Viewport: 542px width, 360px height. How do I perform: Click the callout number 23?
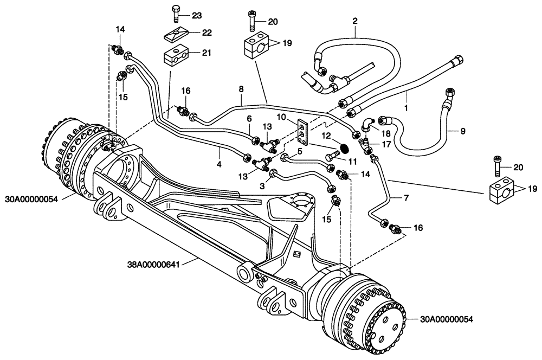click(x=196, y=15)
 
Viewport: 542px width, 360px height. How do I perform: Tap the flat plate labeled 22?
click(x=175, y=35)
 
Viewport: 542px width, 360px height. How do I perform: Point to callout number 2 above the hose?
click(x=355, y=21)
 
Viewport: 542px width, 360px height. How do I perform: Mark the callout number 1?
click(x=406, y=108)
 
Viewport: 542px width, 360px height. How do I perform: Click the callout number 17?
click(x=387, y=144)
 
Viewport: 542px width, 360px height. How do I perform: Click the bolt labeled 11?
click(x=331, y=157)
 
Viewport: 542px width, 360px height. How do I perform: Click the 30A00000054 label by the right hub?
click(x=447, y=320)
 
